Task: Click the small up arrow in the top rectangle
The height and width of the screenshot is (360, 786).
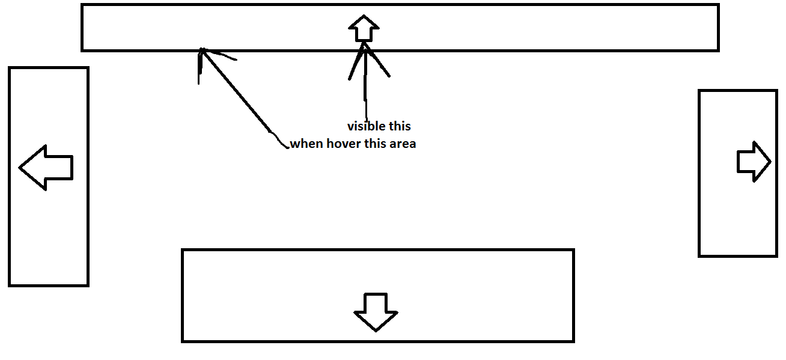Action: click(364, 29)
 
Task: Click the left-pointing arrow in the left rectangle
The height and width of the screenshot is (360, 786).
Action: click(46, 168)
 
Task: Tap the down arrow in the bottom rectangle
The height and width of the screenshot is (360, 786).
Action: click(376, 312)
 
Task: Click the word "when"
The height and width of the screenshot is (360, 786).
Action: click(306, 144)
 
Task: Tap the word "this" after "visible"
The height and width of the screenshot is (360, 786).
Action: click(399, 127)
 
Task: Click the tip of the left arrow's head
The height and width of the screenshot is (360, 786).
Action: click(20, 168)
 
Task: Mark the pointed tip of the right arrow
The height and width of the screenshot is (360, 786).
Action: click(770, 162)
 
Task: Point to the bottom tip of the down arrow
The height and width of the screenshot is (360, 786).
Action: click(376, 331)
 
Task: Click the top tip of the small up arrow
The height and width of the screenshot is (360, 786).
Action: click(364, 16)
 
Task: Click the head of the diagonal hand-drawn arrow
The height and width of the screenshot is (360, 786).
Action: click(203, 50)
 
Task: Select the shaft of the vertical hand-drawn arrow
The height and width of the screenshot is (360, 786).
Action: click(365, 90)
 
